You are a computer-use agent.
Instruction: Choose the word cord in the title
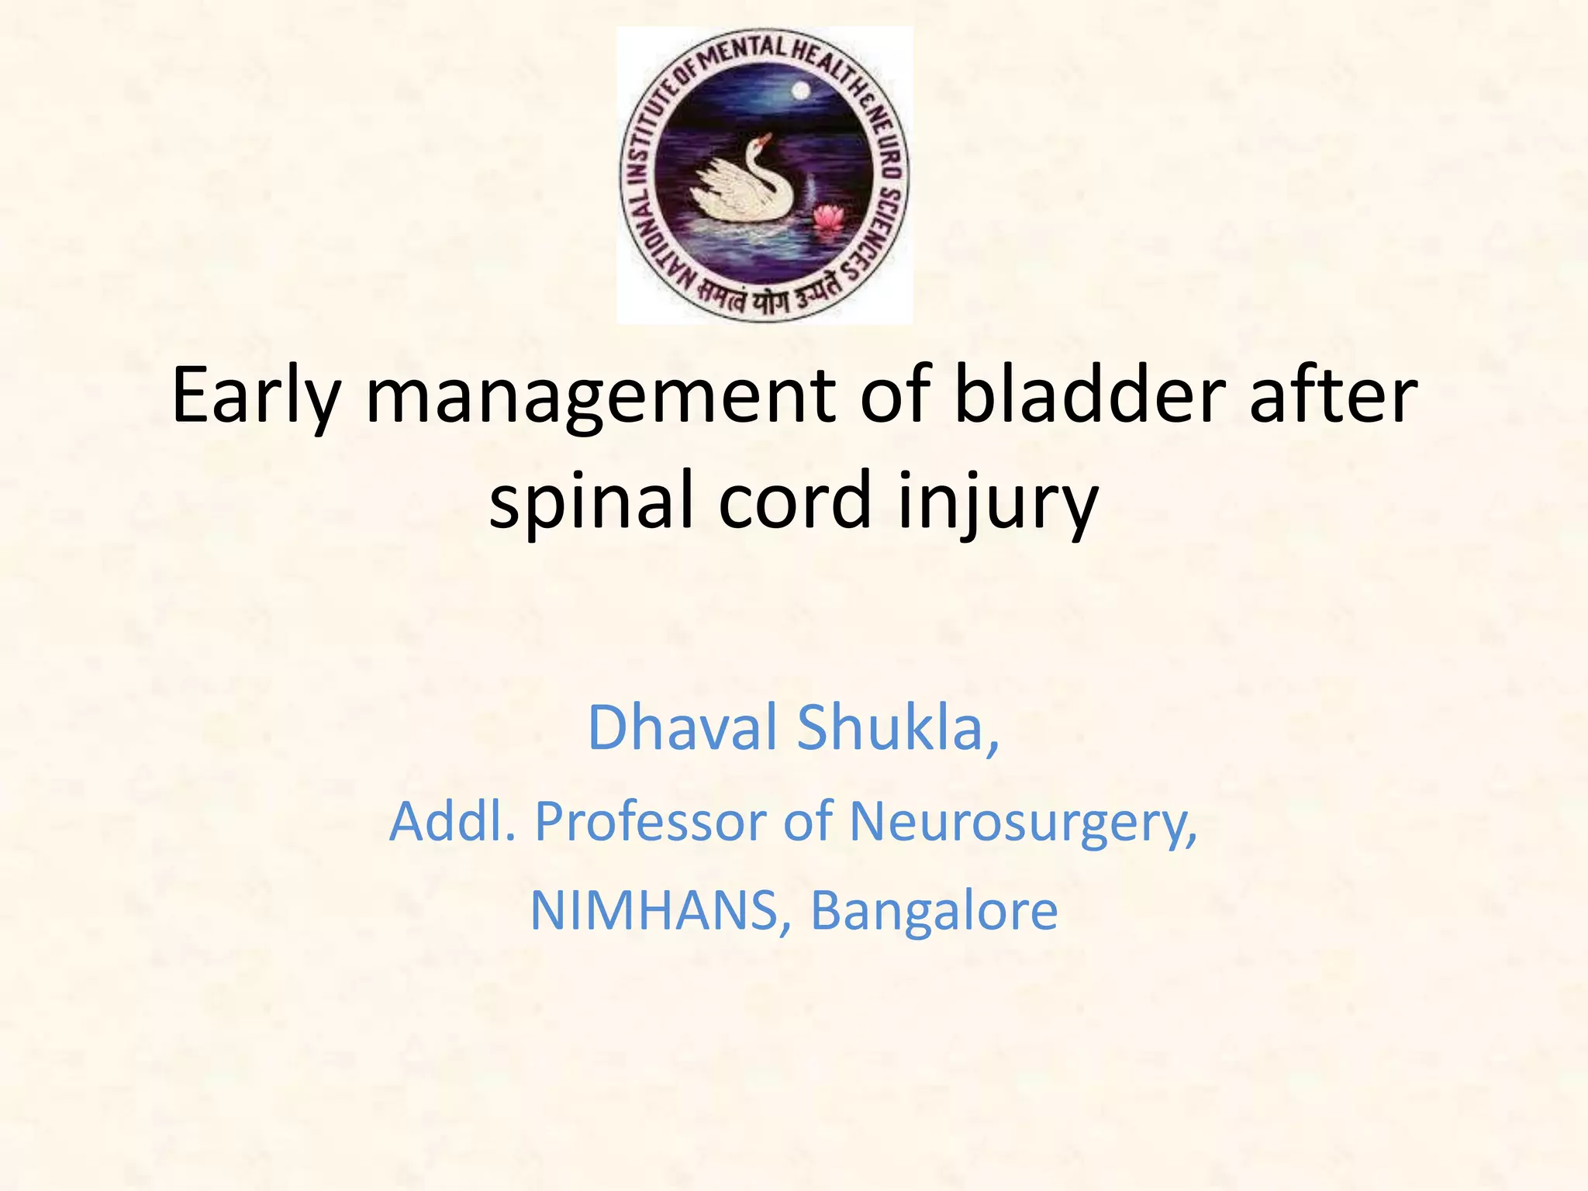[795, 500]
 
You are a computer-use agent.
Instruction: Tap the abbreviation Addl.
[452, 821]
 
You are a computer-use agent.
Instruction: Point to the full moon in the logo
[801, 92]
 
